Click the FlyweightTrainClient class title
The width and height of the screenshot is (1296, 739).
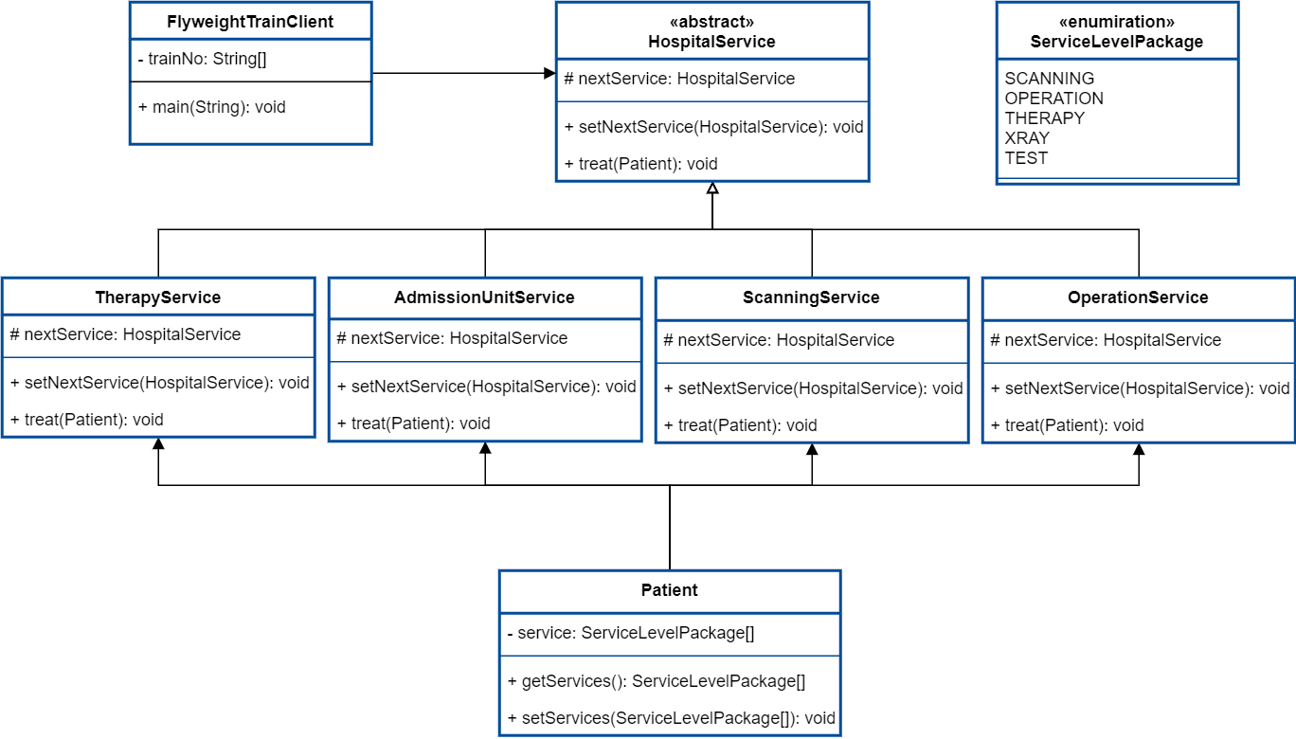click(x=250, y=22)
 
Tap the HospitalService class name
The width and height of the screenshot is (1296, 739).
click(x=711, y=42)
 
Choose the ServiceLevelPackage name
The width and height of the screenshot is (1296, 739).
click(x=1116, y=42)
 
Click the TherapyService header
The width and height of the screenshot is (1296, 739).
click(x=157, y=297)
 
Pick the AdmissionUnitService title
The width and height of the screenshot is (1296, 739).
click(x=484, y=297)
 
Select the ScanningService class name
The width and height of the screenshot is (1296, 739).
click(x=811, y=297)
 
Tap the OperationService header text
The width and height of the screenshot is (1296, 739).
click(x=1138, y=297)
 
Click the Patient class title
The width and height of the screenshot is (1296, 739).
click(x=669, y=590)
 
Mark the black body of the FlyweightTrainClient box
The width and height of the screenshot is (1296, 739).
click(x=250, y=92)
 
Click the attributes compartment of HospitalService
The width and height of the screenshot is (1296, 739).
click(x=711, y=81)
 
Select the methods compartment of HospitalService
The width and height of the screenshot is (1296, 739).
click(x=711, y=140)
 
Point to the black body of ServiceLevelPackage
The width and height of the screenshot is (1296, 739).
click(x=1116, y=118)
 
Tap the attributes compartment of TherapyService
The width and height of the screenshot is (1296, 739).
click(x=157, y=336)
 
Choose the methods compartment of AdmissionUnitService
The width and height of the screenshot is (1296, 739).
click(x=484, y=401)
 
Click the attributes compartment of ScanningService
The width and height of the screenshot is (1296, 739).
click(x=811, y=342)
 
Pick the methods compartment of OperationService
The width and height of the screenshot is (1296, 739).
click(x=1138, y=402)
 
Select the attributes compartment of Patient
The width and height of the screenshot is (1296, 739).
click(x=669, y=635)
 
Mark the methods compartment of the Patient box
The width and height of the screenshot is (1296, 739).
click(x=669, y=694)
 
